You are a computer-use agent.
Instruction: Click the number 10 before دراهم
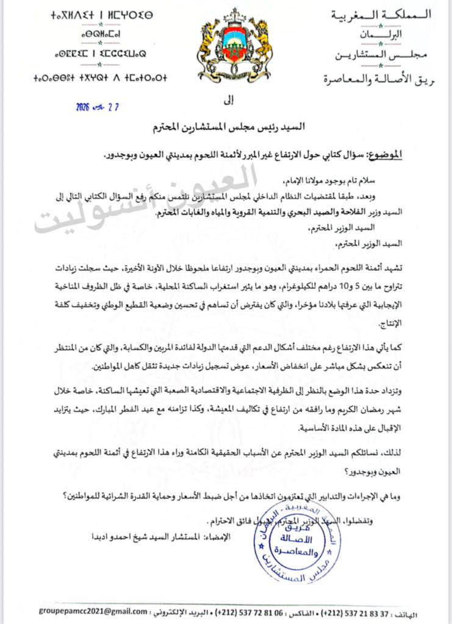[330, 285]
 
